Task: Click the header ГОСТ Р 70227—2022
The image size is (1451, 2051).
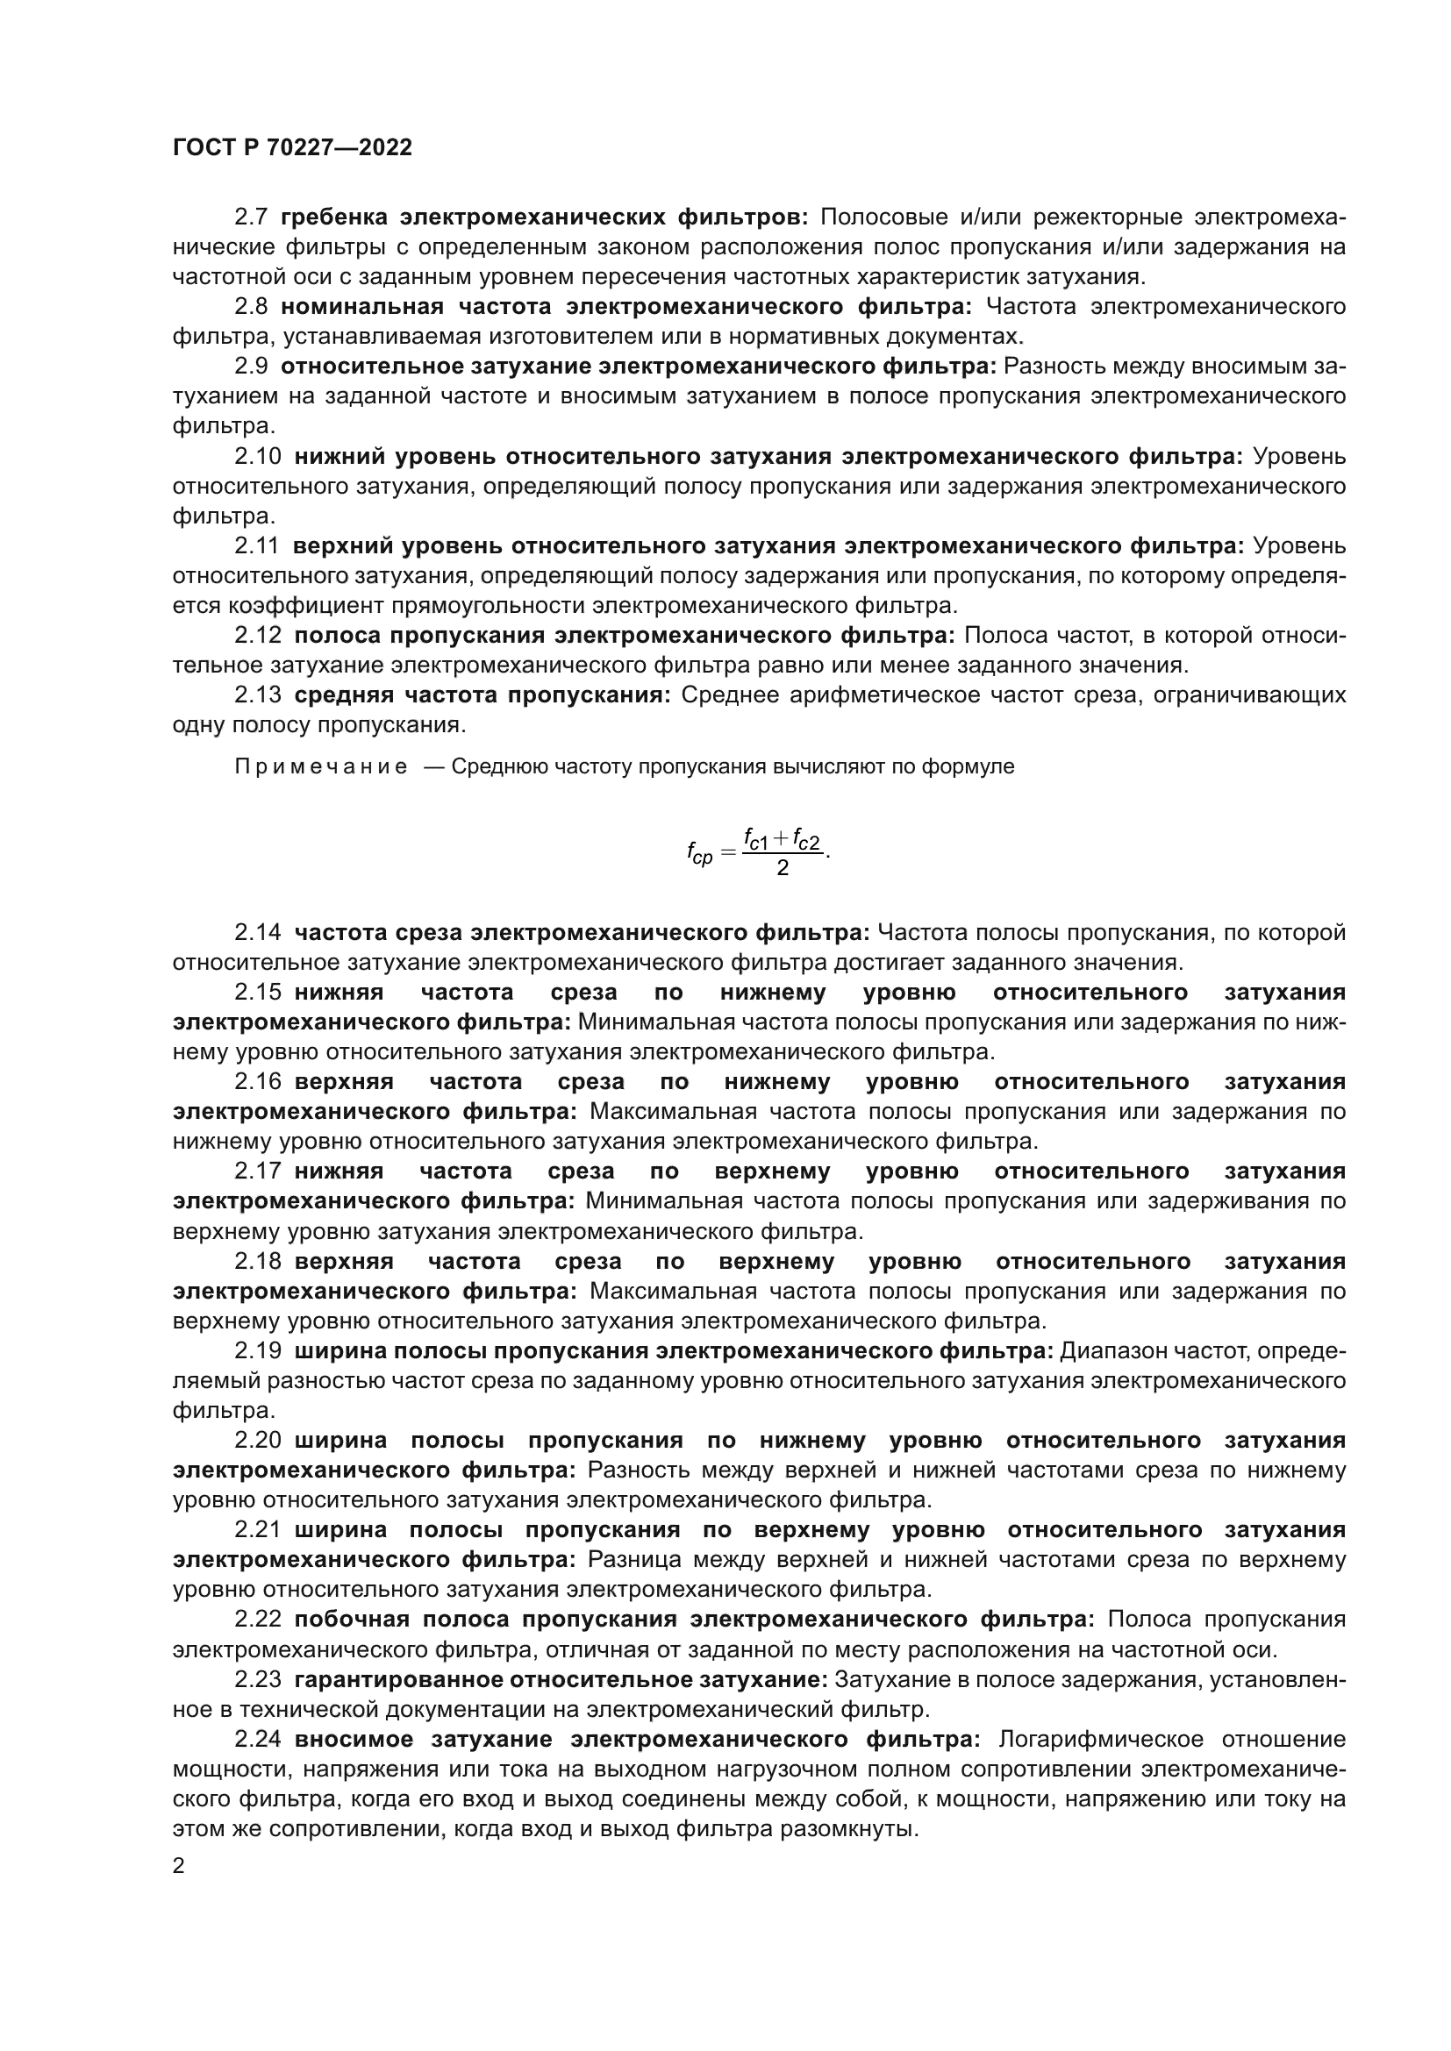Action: click(292, 148)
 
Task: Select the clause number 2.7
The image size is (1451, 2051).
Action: click(251, 217)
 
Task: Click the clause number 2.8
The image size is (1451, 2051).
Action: click(251, 306)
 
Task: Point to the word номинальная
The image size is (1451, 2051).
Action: click(361, 306)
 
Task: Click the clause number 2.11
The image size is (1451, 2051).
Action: click(256, 545)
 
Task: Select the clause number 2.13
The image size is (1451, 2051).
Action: click(257, 695)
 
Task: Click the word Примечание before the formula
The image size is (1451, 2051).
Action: click(321, 767)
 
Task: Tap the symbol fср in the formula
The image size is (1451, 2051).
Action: click(699, 854)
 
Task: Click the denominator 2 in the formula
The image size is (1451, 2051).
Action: click(783, 869)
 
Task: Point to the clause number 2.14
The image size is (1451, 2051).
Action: click(257, 933)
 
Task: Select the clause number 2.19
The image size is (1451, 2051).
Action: click(257, 1351)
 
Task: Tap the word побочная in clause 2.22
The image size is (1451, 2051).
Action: click(351, 1620)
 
